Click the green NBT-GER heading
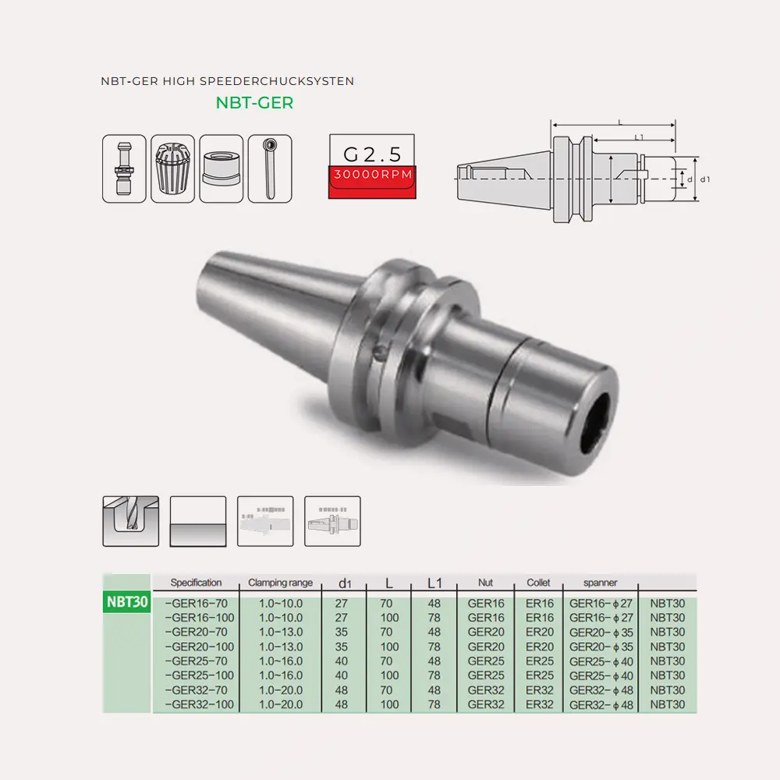point(254,102)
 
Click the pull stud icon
point(124,168)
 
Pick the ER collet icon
point(172,168)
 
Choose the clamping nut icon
point(222,168)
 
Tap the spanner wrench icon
point(269,168)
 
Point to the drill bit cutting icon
point(130,521)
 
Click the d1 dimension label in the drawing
point(705,179)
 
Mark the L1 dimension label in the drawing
point(639,137)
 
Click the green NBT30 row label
point(126,602)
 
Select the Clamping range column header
point(280,583)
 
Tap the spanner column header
point(600,583)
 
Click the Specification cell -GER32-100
point(200,704)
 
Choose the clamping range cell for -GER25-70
point(280,661)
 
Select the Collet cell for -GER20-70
point(539,632)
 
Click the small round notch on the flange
point(379,353)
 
